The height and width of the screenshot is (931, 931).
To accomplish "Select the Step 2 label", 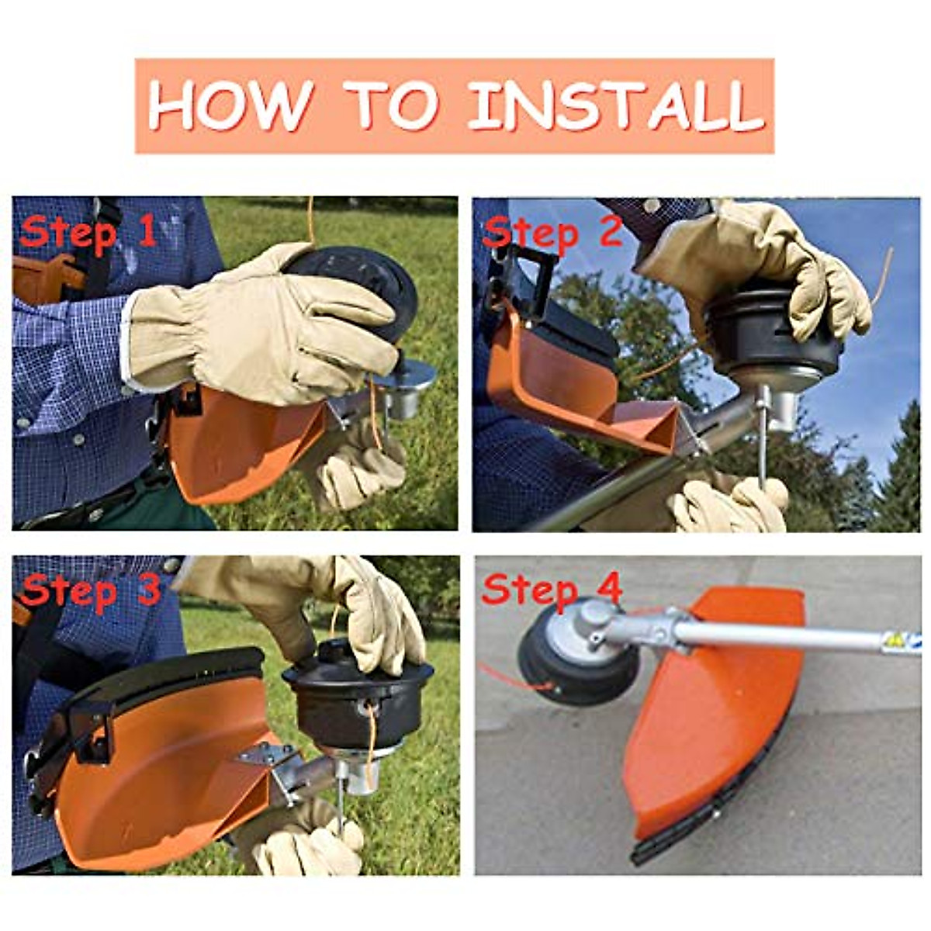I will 552,231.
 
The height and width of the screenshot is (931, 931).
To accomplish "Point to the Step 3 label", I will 89,591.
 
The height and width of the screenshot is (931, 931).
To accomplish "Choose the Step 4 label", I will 552,590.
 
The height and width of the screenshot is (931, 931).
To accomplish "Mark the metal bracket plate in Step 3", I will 268,756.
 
